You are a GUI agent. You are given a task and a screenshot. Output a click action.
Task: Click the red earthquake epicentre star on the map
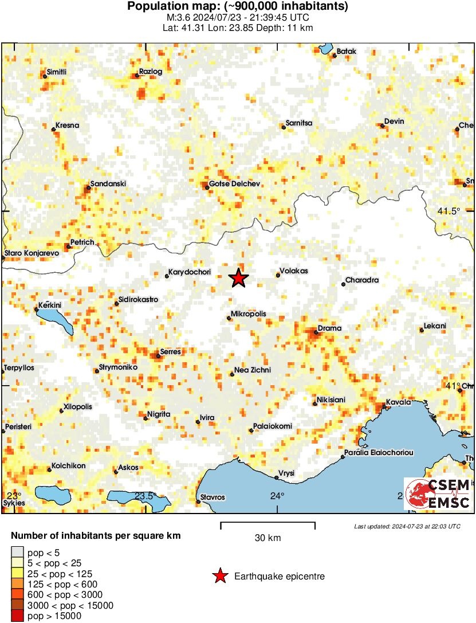coord(239,278)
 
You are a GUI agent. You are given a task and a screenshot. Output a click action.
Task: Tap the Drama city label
coord(329,328)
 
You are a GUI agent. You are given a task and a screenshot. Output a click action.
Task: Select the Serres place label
coord(171,351)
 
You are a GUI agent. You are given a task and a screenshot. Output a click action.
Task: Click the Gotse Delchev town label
coord(235,183)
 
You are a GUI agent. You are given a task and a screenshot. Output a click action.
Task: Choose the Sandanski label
coord(108,183)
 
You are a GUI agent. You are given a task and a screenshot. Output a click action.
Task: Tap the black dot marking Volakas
coord(278,275)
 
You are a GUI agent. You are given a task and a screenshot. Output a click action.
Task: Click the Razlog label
coord(151,72)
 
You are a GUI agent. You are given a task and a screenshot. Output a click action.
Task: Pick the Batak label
coord(346,52)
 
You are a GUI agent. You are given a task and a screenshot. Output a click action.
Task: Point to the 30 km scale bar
coord(267,523)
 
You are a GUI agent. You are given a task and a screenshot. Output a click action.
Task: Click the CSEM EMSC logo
coord(438,493)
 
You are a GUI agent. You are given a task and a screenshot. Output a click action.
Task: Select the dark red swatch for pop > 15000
coord(17,616)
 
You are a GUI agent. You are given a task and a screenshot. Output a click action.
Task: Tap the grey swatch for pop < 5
coord(17,553)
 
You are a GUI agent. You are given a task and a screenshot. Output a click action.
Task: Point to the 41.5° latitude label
coord(449,211)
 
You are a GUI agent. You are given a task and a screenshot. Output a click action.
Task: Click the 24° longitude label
coord(278,496)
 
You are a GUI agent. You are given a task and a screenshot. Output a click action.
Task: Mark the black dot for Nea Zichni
coord(232,374)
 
